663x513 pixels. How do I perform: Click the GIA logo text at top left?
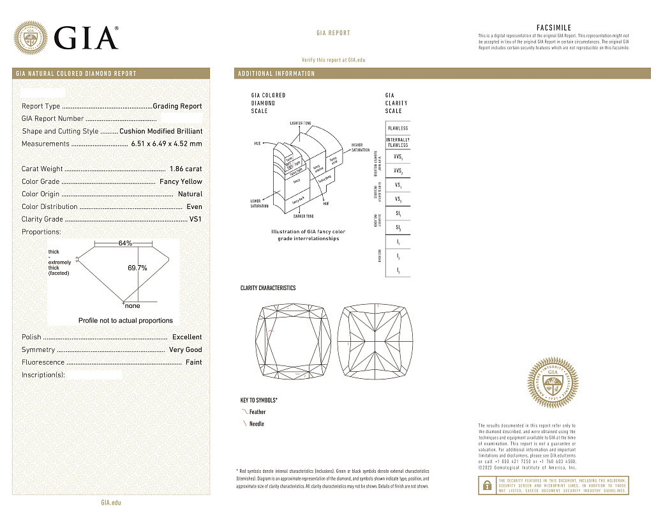[x=86, y=37]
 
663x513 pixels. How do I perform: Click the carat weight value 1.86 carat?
[x=186, y=169]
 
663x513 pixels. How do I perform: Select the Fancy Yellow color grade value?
[x=181, y=181]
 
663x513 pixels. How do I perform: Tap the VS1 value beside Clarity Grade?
[x=195, y=219]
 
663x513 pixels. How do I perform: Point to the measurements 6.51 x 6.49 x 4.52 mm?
[x=166, y=144]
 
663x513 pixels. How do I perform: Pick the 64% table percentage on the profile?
[x=125, y=243]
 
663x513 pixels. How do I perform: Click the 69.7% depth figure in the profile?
[x=137, y=268]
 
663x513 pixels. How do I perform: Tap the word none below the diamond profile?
[x=133, y=306]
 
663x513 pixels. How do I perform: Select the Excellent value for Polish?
[x=187, y=337]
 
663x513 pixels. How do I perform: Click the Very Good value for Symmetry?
[x=185, y=349]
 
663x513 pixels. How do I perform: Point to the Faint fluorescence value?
[x=193, y=362]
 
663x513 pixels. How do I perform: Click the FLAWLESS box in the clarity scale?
[x=398, y=128]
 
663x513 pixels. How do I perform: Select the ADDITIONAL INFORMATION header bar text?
[x=276, y=73]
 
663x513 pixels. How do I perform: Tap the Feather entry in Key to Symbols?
[x=257, y=412]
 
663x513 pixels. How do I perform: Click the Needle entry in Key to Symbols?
[x=256, y=424]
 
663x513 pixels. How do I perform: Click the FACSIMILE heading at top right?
[x=554, y=28]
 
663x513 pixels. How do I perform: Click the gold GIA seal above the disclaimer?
[x=554, y=387]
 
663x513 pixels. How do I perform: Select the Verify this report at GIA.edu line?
[x=333, y=59]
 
